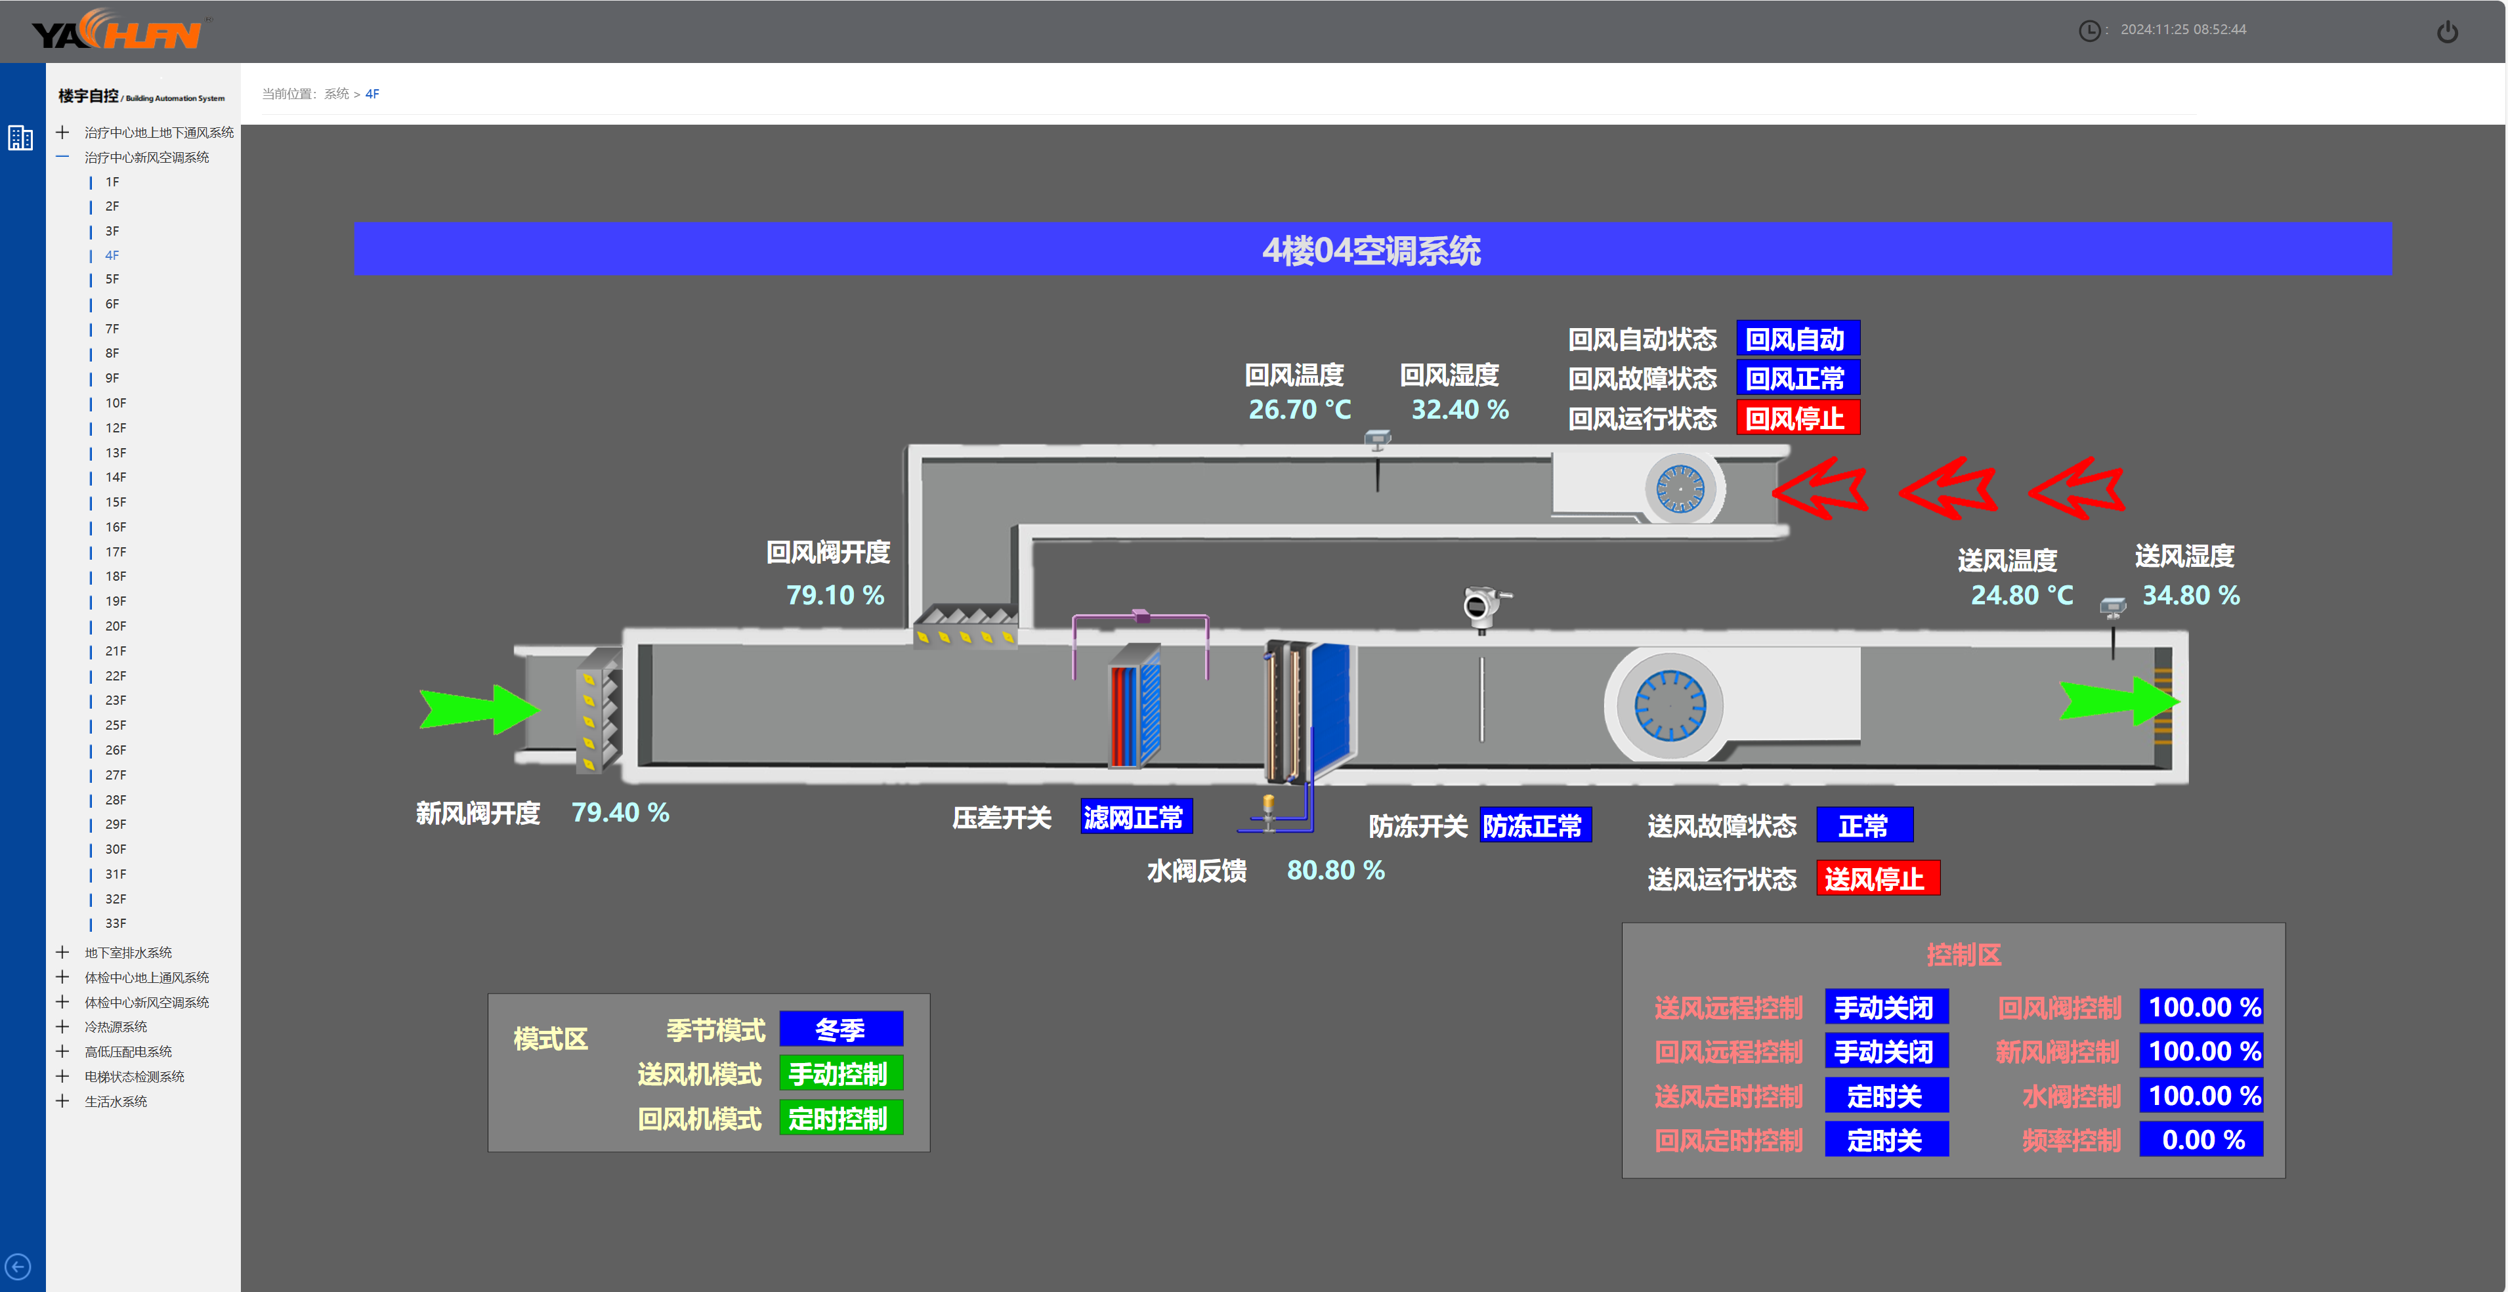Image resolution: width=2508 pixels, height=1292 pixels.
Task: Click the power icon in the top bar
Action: (2447, 32)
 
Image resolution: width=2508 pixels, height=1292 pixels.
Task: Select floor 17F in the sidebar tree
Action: (116, 552)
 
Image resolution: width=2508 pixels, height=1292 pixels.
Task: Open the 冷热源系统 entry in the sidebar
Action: (116, 1026)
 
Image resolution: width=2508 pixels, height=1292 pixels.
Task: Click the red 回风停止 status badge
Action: (1797, 419)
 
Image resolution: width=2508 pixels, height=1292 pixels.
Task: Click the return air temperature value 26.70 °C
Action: (1299, 410)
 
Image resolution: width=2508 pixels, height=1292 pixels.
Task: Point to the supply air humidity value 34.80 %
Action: (2190, 595)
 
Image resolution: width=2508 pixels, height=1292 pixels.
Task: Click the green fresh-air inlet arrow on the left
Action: (478, 708)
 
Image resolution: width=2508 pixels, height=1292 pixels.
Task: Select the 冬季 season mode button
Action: (840, 1029)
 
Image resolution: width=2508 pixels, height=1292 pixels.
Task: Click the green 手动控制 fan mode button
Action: (840, 1074)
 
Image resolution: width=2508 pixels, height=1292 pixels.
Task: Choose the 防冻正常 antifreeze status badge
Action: (1533, 825)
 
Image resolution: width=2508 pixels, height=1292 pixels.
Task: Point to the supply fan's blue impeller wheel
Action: (1668, 705)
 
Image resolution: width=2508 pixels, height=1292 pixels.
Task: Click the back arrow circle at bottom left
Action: (18, 1266)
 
